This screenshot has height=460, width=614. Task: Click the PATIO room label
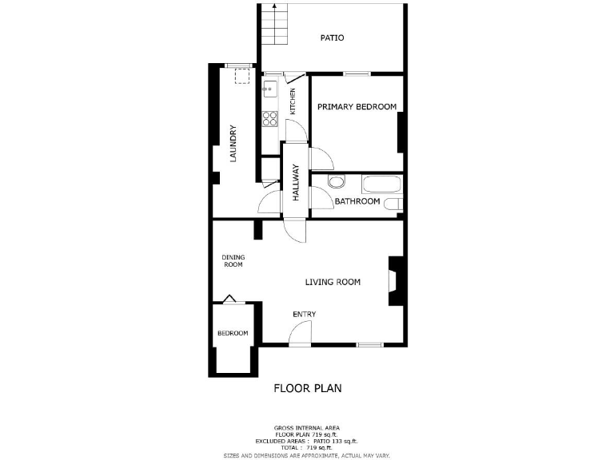pyautogui.click(x=332, y=38)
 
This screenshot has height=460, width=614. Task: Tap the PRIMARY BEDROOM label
pyautogui.click(x=357, y=107)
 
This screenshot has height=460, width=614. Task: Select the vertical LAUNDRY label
pyautogui.click(x=233, y=144)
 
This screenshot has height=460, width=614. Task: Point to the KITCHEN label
pyautogui.click(x=293, y=101)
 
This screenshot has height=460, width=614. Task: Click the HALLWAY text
pyautogui.click(x=295, y=181)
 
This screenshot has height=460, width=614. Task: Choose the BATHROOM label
pyautogui.click(x=357, y=201)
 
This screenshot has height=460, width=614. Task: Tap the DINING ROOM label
pyautogui.click(x=233, y=261)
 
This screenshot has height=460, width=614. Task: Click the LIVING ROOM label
pyautogui.click(x=333, y=282)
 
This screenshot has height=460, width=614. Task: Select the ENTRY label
pyautogui.click(x=304, y=315)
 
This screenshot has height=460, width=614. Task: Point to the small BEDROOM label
pyautogui.click(x=233, y=333)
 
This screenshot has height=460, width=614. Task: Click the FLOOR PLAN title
pyautogui.click(x=308, y=389)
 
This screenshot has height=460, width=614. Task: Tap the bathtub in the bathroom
pyautogui.click(x=382, y=184)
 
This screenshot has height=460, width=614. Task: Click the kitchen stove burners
pyautogui.click(x=269, y=118)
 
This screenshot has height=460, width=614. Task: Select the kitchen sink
pyautogui.click(x=269, y=89)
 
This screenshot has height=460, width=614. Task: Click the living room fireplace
pyautogui.click(x=394, y=280)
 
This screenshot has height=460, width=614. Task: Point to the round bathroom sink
pyautogui.click(x=335, y=180)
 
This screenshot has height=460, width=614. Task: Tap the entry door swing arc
pyautogui.click(x=297, y=338)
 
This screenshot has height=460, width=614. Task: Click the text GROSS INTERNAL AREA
pyautogui.click(x=307, y=427)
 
